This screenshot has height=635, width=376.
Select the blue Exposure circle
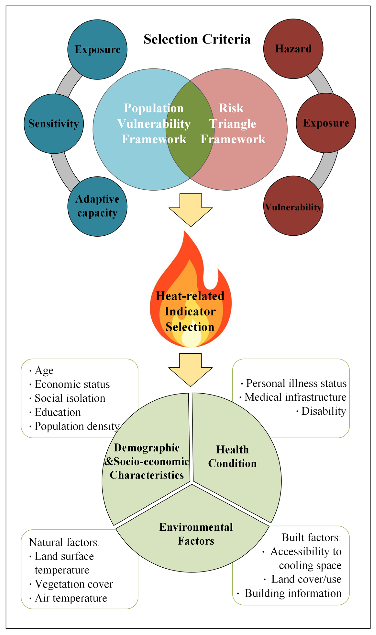tap(97, 49)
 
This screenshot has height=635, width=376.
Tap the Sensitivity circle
tap(54, 124)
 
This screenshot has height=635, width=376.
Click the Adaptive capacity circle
tap(97, 206)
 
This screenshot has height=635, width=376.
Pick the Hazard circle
tap(293, 49)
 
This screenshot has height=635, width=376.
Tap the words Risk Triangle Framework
tap(233, 124)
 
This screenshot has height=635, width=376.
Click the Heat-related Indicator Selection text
tap(190, 311)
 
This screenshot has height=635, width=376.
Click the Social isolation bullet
tap(70, 398)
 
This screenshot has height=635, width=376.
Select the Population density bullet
tap(77, 426)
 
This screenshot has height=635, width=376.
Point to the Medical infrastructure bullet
tap(295, 397)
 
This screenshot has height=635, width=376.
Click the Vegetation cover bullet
tap(73, 584)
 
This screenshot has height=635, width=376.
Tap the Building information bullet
tap(293, 593)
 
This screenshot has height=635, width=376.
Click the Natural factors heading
tap(64, 542)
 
